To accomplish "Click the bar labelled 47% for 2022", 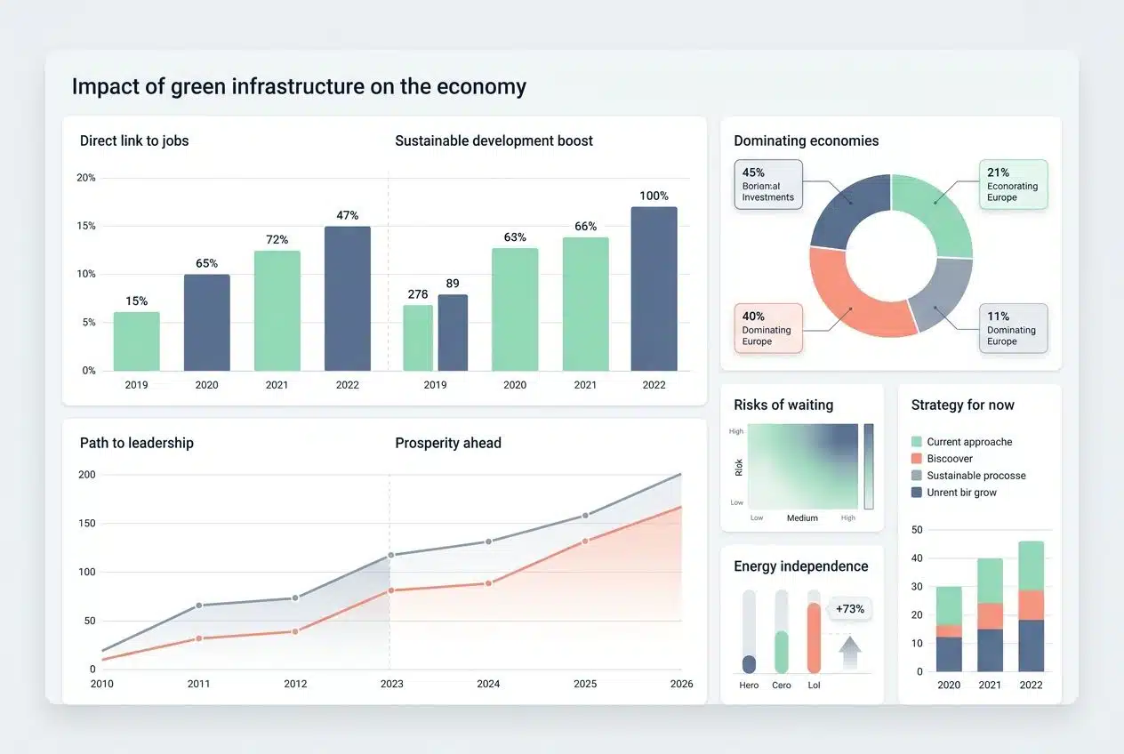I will pos(347,298).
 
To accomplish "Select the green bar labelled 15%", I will pos(136,341).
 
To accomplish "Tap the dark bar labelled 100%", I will pos(654,288).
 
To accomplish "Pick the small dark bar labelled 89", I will pos(453,332).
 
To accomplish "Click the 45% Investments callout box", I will pos(768,185).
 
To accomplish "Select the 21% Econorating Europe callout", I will pos(1013,185).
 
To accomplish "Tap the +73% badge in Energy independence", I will pos(850,609).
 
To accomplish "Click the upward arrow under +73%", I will pos(850,653).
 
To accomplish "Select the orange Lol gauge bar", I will pos(814,638).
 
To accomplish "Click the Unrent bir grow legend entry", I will pos(960,493).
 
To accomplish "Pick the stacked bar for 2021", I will pos(990,614).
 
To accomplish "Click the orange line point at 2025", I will pos(585,541).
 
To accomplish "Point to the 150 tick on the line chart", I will pos(86,523).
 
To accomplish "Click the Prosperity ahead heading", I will pos(448,443).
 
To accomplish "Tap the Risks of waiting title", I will pos(783,405).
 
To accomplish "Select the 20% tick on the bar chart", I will pos(86,178).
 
